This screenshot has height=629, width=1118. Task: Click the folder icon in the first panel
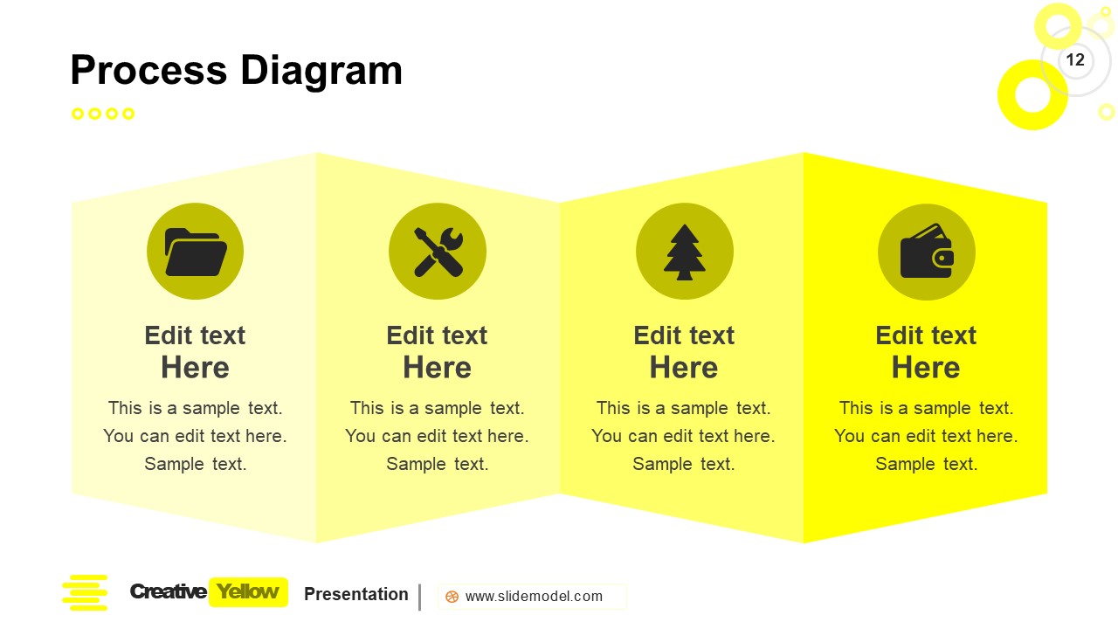click(x=195, y=252)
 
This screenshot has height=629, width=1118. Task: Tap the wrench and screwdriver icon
click(x=437, y=252)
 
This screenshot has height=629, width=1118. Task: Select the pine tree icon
click(x=684, y=252)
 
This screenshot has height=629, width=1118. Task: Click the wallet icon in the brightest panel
click(x=926, y=252)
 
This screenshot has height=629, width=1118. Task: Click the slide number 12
click(x=1075, y=60)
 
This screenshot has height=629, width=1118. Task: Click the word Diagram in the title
click(x=321, y=71)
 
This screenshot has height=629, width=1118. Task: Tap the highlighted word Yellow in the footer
click(x=248, y=591)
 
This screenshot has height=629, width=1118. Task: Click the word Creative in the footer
click(x=168, y=591)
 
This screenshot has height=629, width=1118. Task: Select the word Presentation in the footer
click(x=355, y=594)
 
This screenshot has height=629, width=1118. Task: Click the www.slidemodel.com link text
click(x=534, y=597)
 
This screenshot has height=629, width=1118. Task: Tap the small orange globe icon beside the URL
click(x=452, y=597)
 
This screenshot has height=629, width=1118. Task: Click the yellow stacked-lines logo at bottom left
click(x=85, y=592)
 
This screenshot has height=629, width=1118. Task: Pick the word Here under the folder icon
click(x=195, y=368)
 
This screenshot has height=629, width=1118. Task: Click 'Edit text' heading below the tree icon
click(x=684, y=335)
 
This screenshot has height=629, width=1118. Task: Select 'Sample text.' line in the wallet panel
click(x=926, y=464)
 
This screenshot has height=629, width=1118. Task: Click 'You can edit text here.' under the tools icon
click(x=437, y=436)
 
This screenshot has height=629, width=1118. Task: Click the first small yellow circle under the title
click(x=78, y=114)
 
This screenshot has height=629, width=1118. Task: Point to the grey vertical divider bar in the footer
click(x=420, y=597)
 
